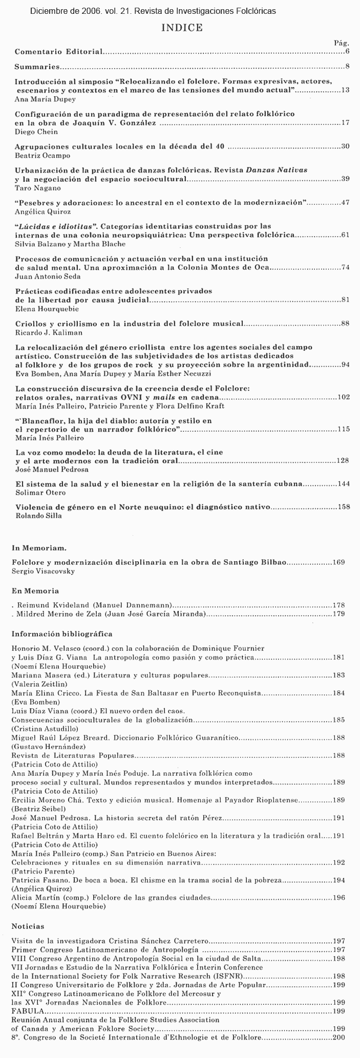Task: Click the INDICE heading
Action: tap(182, 28)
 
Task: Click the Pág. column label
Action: tap(342, 44)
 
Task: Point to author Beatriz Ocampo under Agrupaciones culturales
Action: tap(35, 155)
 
